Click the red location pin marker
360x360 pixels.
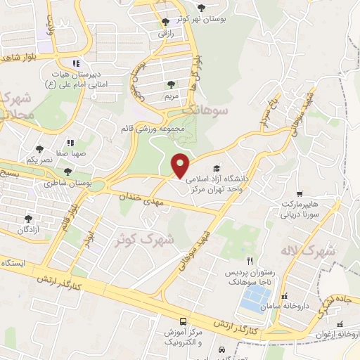tap(181, 165)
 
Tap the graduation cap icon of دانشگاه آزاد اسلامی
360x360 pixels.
tap(217, 169)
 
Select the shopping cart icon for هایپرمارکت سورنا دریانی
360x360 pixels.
tap(300, 193)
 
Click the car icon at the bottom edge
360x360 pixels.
tap(221, 349)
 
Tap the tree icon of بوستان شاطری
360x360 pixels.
tap(68, 171)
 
